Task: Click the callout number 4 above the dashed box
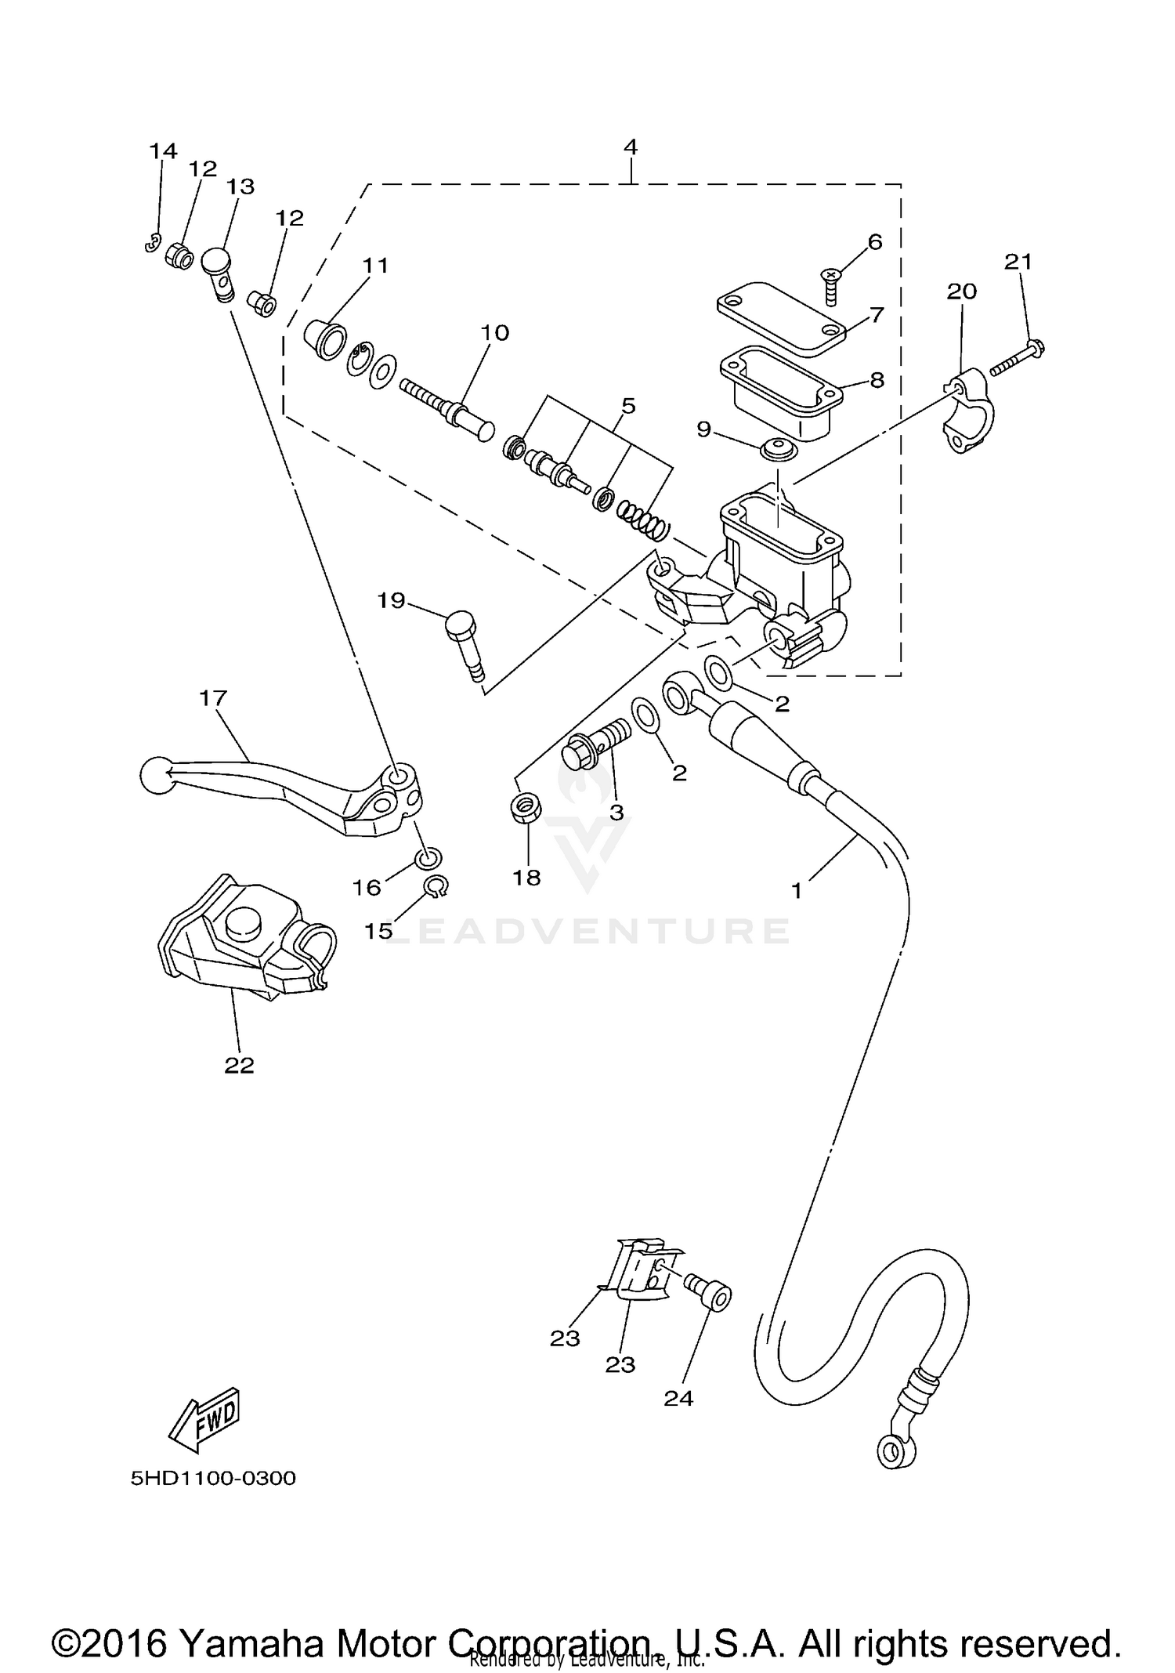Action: (x=631, y=147)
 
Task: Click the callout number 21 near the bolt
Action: (x=1018, y=262)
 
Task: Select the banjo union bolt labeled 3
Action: (x=595, y=744)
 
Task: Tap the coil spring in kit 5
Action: (x=643, y=521)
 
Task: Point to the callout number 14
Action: (x=163, y=150)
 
